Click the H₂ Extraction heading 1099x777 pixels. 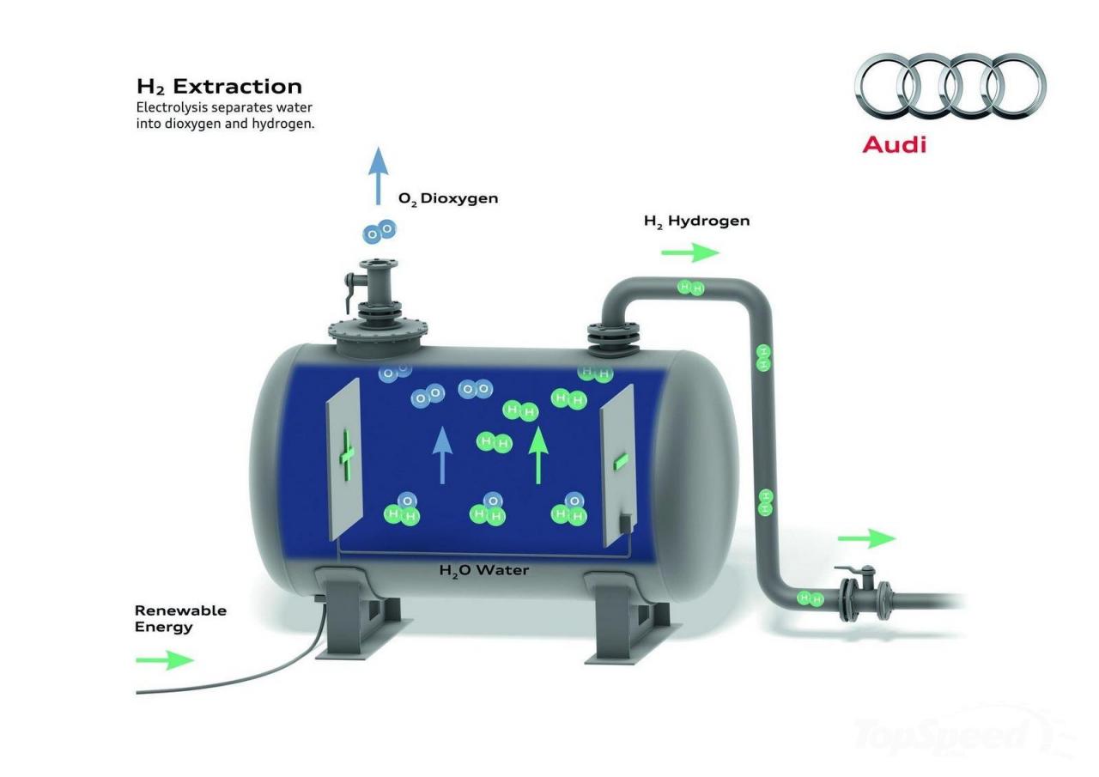[x=219, y=87]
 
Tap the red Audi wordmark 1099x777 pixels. [x=894, y=145]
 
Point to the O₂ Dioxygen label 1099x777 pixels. [x=448, y=198]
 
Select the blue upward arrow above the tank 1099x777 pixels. [x=379, y=176]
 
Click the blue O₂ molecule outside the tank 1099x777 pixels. [x=379, y=232]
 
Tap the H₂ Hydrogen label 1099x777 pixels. [x=696, y=222]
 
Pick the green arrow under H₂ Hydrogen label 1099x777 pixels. [x=690, y=252]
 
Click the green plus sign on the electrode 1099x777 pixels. [x=347, y=455]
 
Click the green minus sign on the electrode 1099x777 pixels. [x=621, y=462]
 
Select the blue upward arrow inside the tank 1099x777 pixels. [x=442, y=455]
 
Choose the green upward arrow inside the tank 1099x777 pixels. [x=538, y=455]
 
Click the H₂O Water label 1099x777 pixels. [x=483, y=570]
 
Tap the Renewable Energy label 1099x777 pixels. [x=180, y=618]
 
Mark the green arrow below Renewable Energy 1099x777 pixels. [x=165, y=659]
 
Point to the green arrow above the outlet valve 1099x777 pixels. [x=867, y=538]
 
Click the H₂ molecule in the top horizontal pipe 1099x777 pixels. [x=691, y=288]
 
